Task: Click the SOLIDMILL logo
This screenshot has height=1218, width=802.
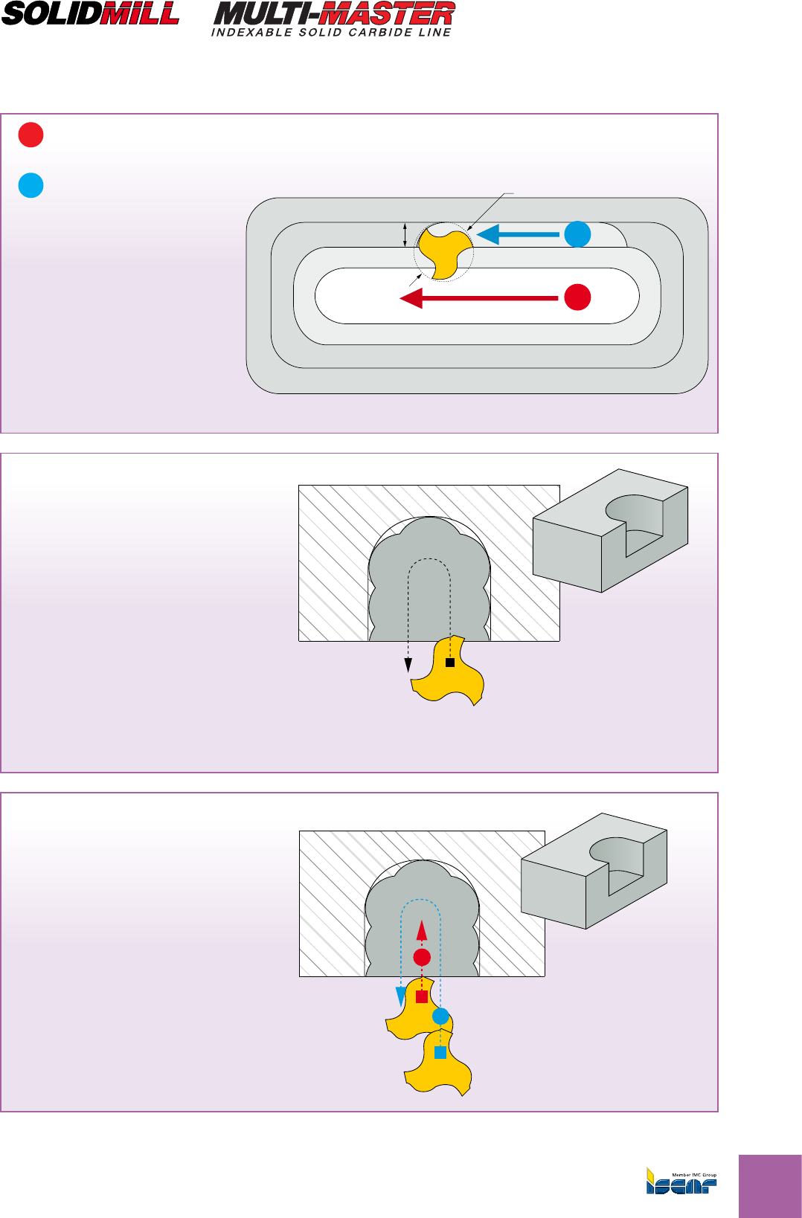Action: [x=91, y=14]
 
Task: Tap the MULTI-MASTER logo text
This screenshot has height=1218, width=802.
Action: [x=334, y=13]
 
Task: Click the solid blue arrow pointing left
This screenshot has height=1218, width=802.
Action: [x=517, y=235]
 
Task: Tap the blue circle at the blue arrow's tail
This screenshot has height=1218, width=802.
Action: [x=577, y=234]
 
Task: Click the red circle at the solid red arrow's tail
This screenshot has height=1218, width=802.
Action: [x=577, y=297]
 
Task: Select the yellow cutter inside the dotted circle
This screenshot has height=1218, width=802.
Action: [x=443, y=251]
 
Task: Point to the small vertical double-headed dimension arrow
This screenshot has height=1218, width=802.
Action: [x=405, y=234]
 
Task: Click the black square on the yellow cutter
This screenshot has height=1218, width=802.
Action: [x=450, y=662]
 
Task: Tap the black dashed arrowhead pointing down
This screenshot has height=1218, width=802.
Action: [x=408, y=666]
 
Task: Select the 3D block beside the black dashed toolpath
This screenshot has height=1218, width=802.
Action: [x=610, y=530]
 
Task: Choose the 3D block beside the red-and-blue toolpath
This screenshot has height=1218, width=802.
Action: [x=594, y=871]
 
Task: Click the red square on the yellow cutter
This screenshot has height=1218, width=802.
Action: [x=422, y=997]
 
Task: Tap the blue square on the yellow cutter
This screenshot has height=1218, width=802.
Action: [x=440, y=1052]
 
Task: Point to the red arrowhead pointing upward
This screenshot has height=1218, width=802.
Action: [x=422, y=931]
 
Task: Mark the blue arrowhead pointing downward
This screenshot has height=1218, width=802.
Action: [x=401, y=996]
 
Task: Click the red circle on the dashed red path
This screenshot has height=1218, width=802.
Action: [x=422, y=957]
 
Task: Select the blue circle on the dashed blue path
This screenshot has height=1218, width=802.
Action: [x=440, y=1016]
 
